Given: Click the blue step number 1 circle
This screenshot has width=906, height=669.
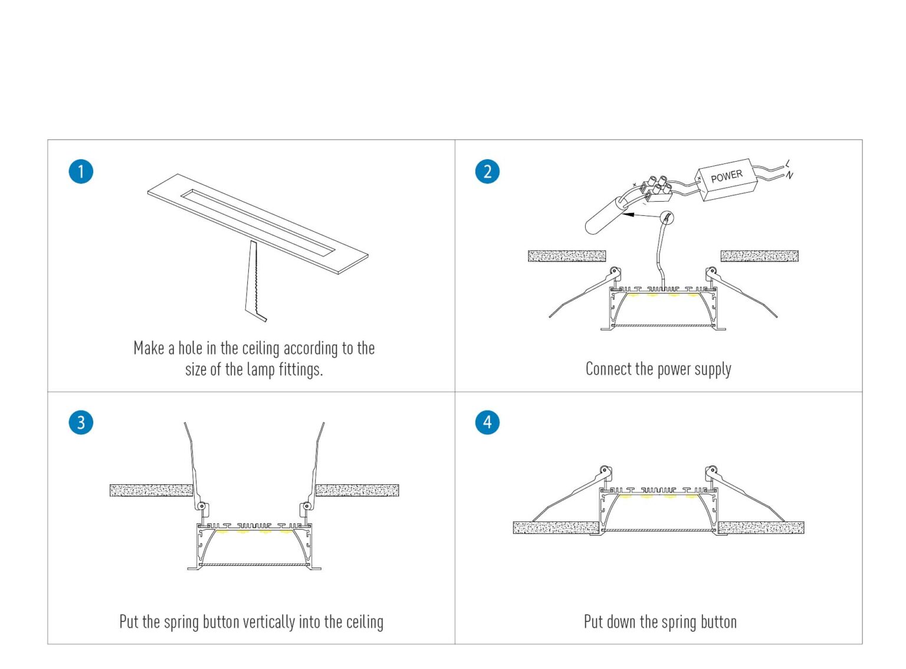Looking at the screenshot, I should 81,172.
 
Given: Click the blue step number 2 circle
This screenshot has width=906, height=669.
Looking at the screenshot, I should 487,172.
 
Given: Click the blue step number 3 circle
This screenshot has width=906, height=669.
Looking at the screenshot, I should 81,422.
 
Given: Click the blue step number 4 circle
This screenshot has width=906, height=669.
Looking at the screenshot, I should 487,422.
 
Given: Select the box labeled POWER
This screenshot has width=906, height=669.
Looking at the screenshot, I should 726,179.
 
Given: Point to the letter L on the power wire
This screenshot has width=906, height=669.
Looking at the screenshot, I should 788,163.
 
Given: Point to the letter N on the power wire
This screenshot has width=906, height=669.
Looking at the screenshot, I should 790,175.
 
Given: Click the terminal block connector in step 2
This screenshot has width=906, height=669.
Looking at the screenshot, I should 656,188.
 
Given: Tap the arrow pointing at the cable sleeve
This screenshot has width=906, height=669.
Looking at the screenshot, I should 643,215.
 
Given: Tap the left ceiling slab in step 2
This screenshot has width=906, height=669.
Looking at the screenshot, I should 566,256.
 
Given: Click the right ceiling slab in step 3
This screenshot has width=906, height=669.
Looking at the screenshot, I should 357,490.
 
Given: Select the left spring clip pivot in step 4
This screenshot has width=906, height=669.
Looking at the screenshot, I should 605,471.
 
